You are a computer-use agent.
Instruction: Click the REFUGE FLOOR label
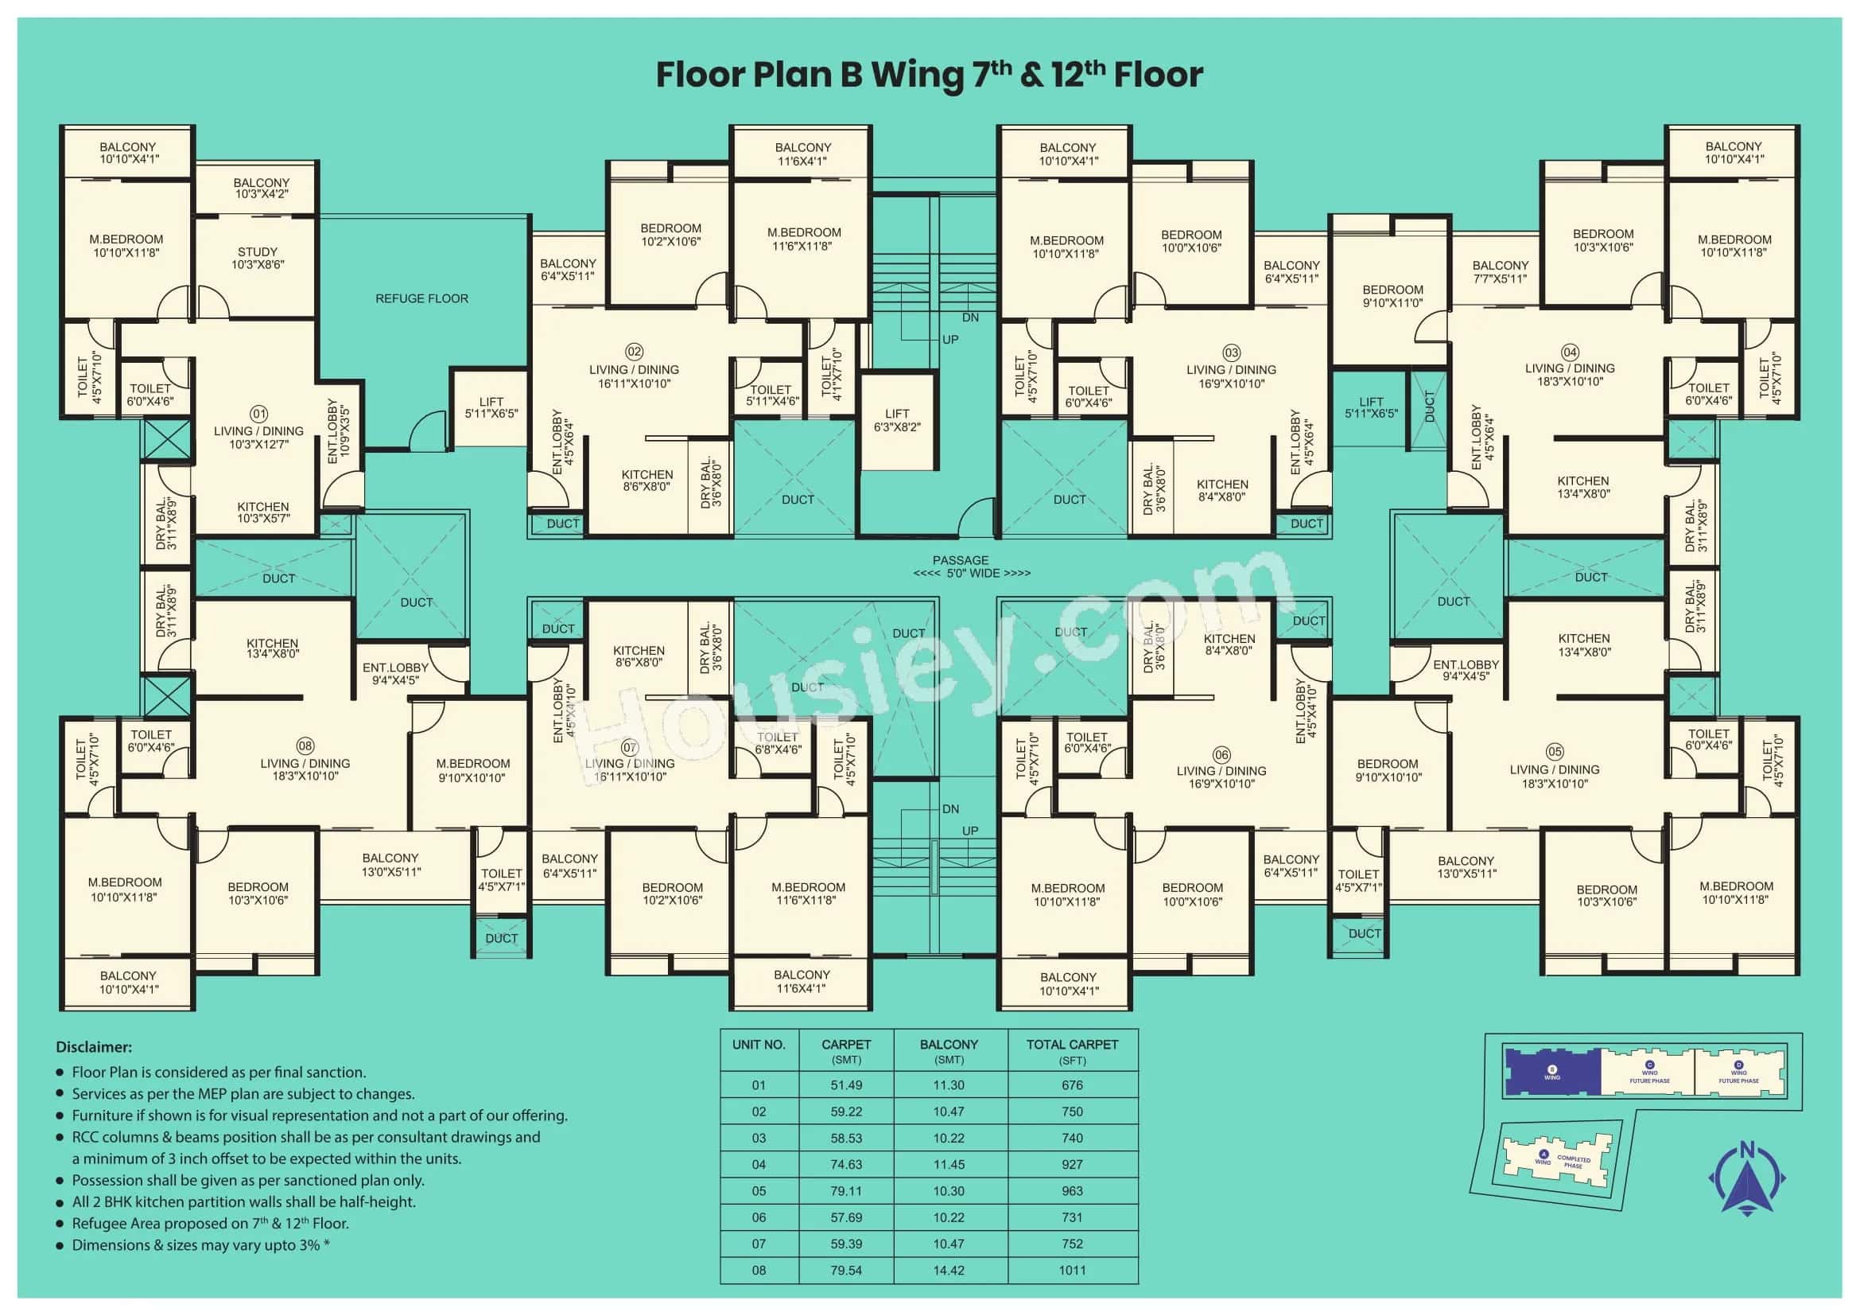point(421,299)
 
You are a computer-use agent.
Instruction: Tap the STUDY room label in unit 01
point(258,259)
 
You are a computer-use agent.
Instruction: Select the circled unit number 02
point(634,352)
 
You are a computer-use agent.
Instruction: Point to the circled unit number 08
point(305,746)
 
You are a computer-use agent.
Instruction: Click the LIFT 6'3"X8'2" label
point(897,421)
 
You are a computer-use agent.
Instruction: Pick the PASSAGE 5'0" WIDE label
point(971,567)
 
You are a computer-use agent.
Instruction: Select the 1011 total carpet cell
point(1072,1271)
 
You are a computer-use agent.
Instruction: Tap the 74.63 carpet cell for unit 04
point(846,1165)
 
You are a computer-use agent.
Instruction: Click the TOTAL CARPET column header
point(1072,1051)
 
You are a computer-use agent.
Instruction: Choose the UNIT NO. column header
point(759,1045)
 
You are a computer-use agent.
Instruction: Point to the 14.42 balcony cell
point(949,1271)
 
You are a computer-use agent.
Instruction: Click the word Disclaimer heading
point(94,1047)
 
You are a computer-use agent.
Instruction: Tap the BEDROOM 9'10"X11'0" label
point(1392,297)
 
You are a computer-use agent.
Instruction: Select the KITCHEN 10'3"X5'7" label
point(263,512)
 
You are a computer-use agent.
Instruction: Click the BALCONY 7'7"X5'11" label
point(1501,272)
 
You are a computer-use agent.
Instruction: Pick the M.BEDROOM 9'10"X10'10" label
point(473,771)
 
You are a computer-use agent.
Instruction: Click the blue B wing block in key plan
point(1551,1073)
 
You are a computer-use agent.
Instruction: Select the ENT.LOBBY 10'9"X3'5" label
point(339,431)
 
